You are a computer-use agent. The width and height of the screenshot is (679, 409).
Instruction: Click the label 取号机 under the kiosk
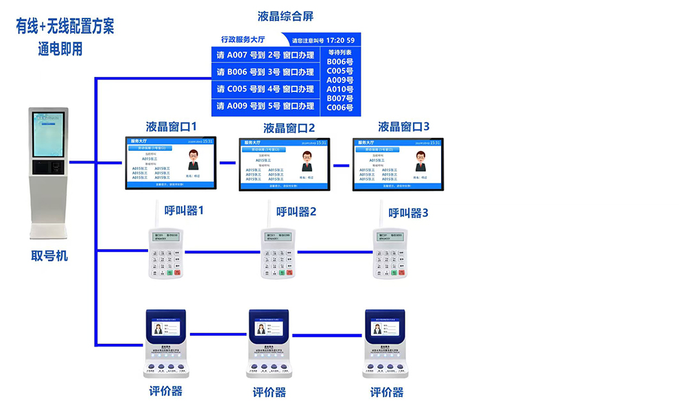[49, 256]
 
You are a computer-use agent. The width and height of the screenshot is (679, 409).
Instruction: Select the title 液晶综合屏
[285, 16]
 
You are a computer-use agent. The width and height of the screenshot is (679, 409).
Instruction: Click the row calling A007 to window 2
[265, 55]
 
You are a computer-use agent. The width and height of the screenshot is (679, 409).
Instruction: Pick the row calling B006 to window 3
[265, 72]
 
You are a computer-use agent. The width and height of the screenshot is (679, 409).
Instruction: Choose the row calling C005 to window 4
[265, 89]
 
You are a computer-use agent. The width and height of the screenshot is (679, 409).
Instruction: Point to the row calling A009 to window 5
[265, 106]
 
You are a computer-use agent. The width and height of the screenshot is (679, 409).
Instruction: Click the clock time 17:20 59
[340, 40]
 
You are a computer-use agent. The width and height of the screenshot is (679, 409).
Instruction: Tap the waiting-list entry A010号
[339, 89]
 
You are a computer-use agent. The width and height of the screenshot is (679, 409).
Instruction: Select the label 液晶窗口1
[171, 127]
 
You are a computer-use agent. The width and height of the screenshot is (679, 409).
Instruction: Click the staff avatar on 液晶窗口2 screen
[307, 162]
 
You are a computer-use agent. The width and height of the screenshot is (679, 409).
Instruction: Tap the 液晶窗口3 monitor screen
[398, 164]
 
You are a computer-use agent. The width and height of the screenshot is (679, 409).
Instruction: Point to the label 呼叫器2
[296, 211]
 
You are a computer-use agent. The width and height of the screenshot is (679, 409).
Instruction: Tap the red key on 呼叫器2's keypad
[290, 273]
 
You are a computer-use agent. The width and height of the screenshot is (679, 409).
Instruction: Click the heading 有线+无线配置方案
[65, 26]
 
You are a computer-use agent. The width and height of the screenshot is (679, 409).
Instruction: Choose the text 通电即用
[60, 49]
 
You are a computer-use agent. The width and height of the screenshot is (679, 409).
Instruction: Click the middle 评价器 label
[270, 393]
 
